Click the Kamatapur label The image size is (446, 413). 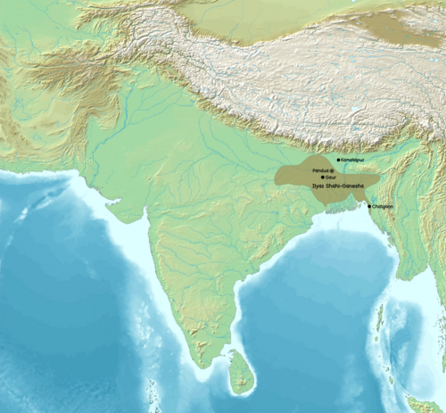coord(352,161)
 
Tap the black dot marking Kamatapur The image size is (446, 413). coord(338,161)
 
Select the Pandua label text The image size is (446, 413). coord(319,169)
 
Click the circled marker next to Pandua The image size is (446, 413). coord(333,169)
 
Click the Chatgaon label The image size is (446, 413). coord(383,207)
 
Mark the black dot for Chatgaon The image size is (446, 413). coord(370,207)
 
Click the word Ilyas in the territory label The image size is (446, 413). coord(318,187)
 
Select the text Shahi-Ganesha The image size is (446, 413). coord(346,187)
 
